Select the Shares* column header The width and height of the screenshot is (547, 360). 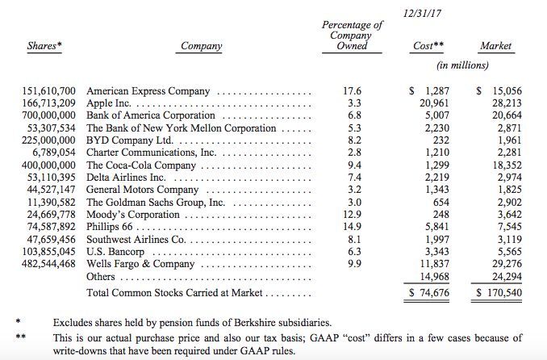coord(45,47)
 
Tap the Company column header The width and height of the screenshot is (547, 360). coord(202,47)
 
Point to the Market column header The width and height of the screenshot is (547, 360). coord(495,47)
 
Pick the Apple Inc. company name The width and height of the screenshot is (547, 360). coord(112,104)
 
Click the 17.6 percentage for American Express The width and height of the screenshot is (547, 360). coord(352,92)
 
